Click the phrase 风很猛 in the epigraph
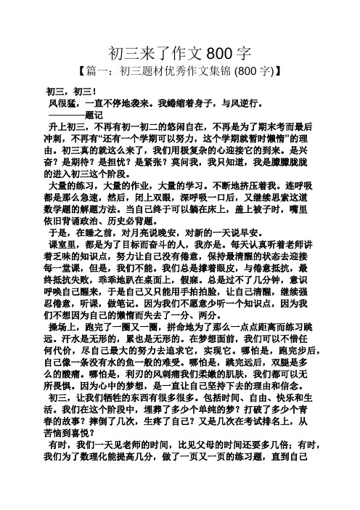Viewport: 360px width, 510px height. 63,103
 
